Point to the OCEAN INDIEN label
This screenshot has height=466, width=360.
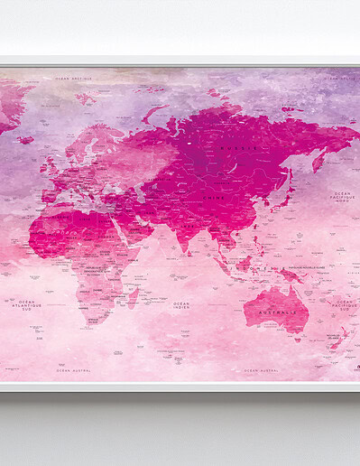pyautogui.click(x=181, y=305)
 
